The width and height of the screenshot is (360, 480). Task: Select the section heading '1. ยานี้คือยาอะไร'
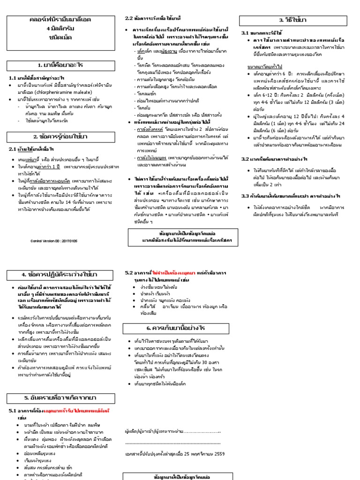pyautogui.click(x=60, y=65)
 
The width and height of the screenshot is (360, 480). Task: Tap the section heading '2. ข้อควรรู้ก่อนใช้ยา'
pyautogui.click(x=60, y=136)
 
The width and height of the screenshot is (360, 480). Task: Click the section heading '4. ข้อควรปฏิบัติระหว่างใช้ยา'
pyautogui.click(x=60, y=274)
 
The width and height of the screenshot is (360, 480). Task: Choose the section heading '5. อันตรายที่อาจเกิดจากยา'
pyautogui.click(x=60, y=398)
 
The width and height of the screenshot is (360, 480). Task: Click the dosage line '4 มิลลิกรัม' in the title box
pyautogui.click(x=60, y=28)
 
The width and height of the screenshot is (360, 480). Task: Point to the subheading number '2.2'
pyautogui.click(x=129, y=18)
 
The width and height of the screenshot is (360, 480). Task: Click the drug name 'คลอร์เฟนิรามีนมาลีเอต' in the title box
pyautogui.click(x=60, y=19)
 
